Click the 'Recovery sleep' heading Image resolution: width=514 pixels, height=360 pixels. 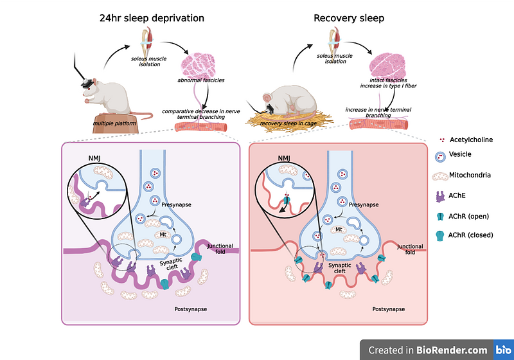[x=349, y=18]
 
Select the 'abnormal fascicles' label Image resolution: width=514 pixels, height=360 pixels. [x=202, y=80]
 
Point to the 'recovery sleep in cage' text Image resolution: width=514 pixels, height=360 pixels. [x=302, y=122]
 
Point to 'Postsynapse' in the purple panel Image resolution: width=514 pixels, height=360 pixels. [x=191, y=310]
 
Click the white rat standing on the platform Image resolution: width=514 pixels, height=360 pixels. [x=116, y=93]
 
